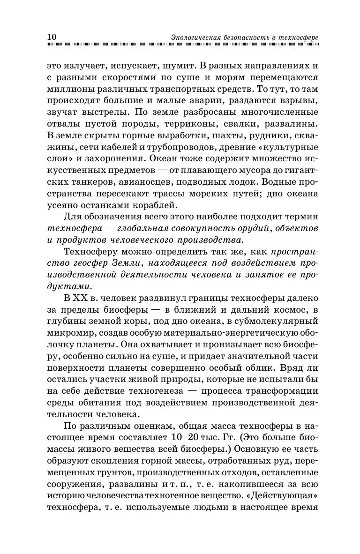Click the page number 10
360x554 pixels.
click(52, 37)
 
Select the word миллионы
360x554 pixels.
click(71, 89)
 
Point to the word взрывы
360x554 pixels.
click(299, 101)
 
